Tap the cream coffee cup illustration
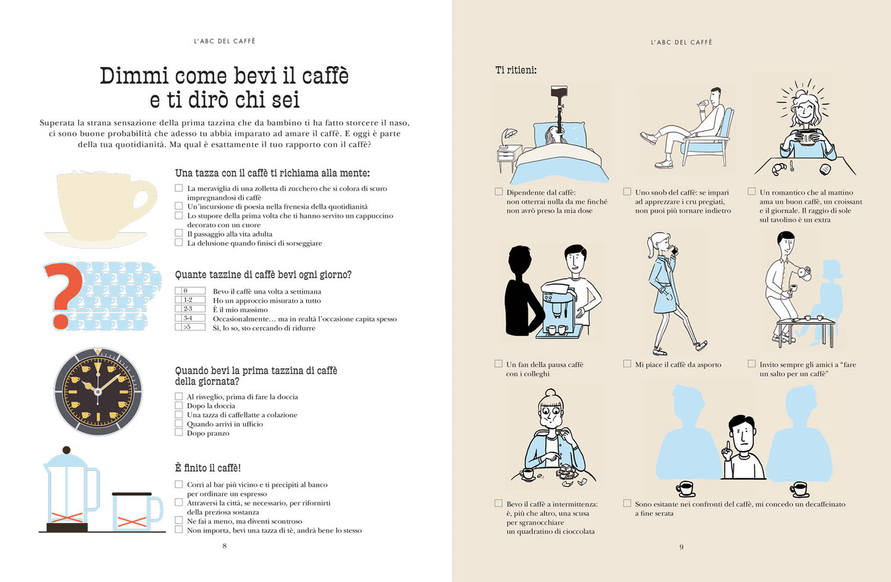[99, 207]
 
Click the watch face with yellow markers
[98, 391]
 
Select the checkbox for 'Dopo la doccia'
[179, 405]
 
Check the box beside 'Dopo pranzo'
[179, 433]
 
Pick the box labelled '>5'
[190, 327]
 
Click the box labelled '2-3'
[190, 309]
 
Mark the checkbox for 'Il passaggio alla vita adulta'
[179, 233]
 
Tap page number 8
[224, 546]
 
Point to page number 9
[681, 547]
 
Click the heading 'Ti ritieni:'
[515, 70]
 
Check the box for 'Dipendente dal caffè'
[499, 192]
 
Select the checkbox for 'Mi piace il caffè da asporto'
[627, 364]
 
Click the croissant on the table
[778, 167]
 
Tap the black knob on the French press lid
[67, 450]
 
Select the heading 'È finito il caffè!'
[208, 468]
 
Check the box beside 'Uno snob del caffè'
[627, 192]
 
